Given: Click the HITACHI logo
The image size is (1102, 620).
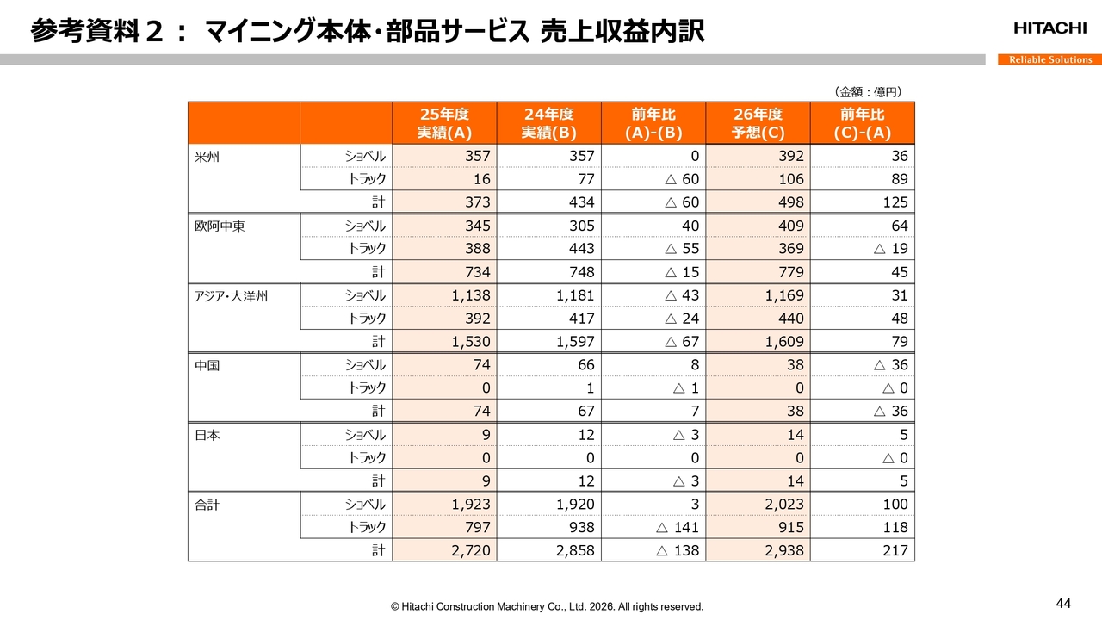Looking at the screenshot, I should (x=1049, y=28).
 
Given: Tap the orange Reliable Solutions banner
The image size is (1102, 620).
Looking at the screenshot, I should (x=1050, y=59).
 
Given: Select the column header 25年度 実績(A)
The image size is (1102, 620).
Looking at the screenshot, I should (x=445, y=123).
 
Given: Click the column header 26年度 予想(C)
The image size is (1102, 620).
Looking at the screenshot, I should (x=758, y=123).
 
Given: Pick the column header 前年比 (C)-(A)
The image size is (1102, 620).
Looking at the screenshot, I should (x=863, y=123).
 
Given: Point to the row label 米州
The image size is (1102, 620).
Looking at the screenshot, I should (x=207, y=157).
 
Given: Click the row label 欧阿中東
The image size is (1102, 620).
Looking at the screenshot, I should (x=219, y=226).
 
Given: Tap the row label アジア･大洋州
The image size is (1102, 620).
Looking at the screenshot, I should (x=232, y=296).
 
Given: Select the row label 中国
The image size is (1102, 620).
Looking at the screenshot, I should (x=207, y=365).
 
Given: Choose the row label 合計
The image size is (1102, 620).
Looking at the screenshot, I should (x=207, y=505).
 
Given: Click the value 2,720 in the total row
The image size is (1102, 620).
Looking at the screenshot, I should (x=470, y=550).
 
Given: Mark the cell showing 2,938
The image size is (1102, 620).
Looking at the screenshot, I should (x=783, y=550).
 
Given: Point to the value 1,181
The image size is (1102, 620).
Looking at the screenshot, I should (x=574, y=296).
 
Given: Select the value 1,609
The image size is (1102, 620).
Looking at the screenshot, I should (x=783, y=342).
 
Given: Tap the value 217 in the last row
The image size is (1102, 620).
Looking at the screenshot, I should (x=895, y=550).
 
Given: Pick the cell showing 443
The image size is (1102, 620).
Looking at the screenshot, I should (x=581, y=249).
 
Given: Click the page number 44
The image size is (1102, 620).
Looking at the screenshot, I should (x=1063, y=602).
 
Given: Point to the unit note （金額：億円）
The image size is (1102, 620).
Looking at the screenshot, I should (x=867, y=92).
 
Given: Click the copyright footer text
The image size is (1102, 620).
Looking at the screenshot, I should (x=547, y=606).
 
